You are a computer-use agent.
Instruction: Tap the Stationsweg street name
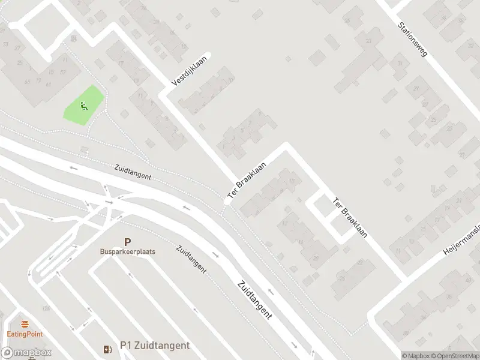(x=412, y=41)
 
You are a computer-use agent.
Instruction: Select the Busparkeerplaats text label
(x=127, y=252)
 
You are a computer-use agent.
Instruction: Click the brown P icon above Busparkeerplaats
(x=127, y=242)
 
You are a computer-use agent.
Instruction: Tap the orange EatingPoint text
(x=25, y=334)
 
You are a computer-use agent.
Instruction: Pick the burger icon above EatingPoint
(x=25, y=325)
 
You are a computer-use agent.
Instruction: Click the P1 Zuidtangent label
(x=155, y=346)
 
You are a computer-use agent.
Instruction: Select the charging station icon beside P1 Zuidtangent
(x=107, y=349)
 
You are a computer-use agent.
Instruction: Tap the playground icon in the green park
(x=83, y=106)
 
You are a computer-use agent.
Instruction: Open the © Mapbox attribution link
(x=416, y=356)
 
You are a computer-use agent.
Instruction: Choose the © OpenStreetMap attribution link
(x=454, y=356)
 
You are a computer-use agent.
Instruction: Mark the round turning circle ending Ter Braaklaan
(x=227, y=202)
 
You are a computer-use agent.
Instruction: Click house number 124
(x=46, y=308)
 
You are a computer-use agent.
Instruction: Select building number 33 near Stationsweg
(x=368, y=41)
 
